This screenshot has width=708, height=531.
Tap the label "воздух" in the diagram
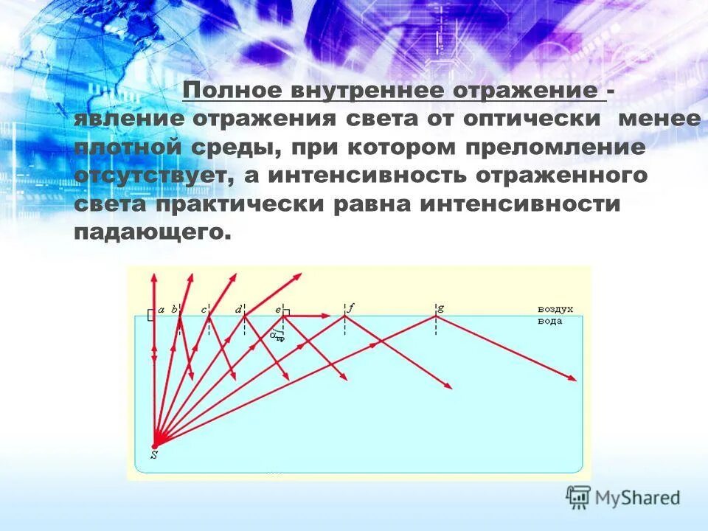(555, 310)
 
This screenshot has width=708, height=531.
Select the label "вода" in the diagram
(549, 321)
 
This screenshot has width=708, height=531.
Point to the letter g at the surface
(440, 309)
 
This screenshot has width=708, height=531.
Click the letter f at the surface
(350, 309)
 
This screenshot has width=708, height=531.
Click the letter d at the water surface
(238, 310)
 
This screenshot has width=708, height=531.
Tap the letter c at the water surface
(204, 310)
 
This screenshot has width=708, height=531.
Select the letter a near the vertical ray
(161, 310)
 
